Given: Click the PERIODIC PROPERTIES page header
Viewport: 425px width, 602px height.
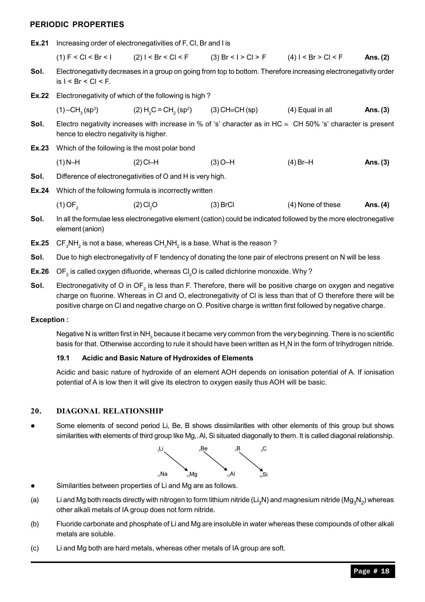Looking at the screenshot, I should click(77, 24).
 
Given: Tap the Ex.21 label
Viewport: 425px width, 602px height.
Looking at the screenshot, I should click(39, 43).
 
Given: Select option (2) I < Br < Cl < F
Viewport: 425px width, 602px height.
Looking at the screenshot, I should click(161, 57).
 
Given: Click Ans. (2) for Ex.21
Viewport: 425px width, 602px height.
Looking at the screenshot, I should click(377, 57).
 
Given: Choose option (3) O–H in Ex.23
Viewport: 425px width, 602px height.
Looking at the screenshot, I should click(222, 162).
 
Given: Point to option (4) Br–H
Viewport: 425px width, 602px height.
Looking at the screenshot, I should click(300, 162).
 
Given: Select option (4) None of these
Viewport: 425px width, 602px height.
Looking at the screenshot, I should click(314, 205).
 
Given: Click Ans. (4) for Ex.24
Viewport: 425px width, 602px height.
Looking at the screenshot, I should click(377, 205).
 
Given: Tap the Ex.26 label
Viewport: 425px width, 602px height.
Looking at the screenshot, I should click(39, 271).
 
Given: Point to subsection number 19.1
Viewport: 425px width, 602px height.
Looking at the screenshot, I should click(63, 358).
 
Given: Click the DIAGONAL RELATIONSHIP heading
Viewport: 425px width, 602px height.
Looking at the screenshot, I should click(110, 411).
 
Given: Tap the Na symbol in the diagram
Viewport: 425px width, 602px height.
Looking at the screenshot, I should click(163, 474).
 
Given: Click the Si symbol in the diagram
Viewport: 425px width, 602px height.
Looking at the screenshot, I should click(265, 475).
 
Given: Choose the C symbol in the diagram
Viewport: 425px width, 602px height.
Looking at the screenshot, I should click(264, 449).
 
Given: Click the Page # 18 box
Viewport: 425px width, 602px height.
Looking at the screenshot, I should click(372, 571).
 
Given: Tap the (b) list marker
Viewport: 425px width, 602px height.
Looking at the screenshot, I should click(35, 524).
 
